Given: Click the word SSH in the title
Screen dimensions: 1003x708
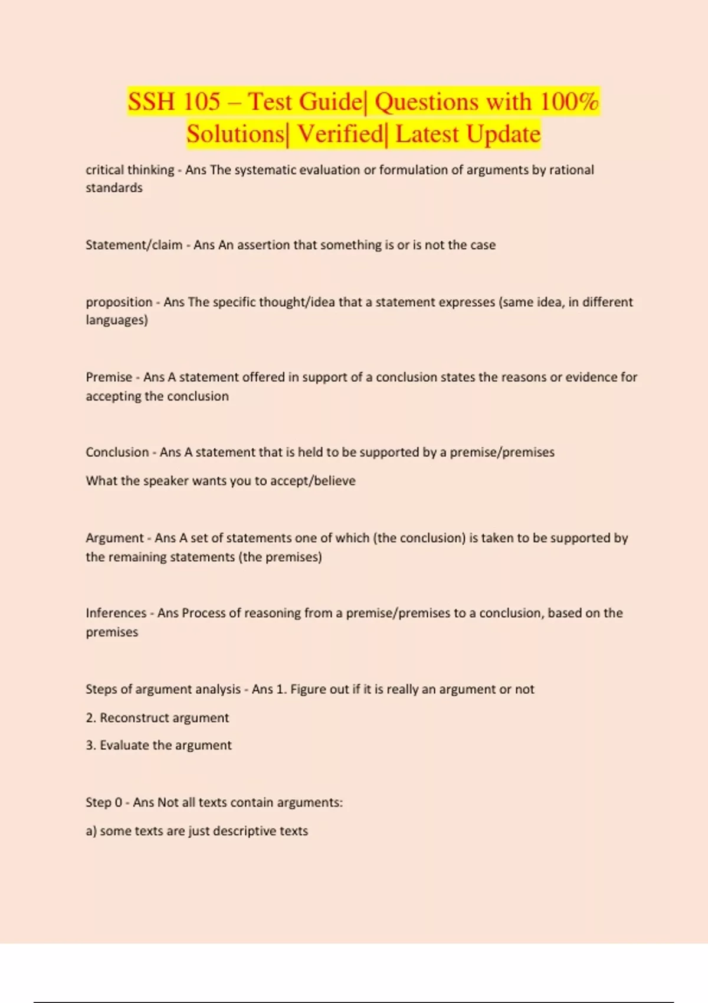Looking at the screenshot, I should click(151, 101).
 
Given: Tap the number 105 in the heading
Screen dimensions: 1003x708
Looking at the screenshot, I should click(201, 101).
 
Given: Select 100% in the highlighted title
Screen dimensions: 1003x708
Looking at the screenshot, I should click(569, 101).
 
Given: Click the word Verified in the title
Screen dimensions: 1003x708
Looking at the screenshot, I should click(340, 134).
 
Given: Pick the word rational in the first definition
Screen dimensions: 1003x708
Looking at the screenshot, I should click(571, 170).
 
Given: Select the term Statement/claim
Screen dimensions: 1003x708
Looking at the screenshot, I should click(133, 245).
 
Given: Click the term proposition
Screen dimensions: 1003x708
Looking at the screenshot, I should click(119, 302).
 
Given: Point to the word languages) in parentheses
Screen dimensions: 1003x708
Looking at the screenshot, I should click(117, 320).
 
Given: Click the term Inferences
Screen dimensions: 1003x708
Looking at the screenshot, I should click(116, 613).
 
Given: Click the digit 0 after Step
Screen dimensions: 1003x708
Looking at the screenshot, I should click(119, 802).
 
